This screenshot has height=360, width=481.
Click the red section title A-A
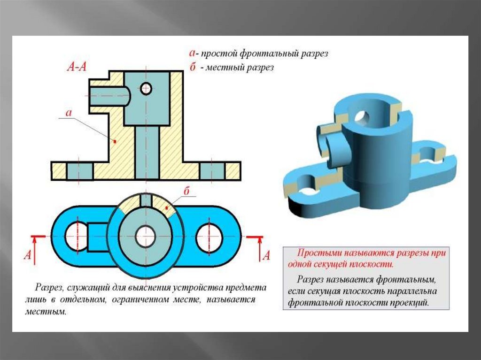click(77, 67)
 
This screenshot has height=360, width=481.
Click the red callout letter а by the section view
click(69, 113)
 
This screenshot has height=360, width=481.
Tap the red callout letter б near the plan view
click(187, 191)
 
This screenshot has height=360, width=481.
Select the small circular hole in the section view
click(146, 89)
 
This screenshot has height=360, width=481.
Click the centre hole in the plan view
click(146, 237)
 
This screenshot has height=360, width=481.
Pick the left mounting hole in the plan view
click(77, 236)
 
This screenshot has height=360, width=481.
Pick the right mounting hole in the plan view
click(209, 237)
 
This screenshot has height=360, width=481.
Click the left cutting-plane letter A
click(28, 254)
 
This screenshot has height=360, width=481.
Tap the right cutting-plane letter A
click(266, 255)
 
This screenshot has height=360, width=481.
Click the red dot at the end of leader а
click(115, 141)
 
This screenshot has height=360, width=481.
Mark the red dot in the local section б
click(167, 208)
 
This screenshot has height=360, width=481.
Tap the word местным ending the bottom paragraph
click(45, 312)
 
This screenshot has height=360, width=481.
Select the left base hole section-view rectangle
click(80, 171)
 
